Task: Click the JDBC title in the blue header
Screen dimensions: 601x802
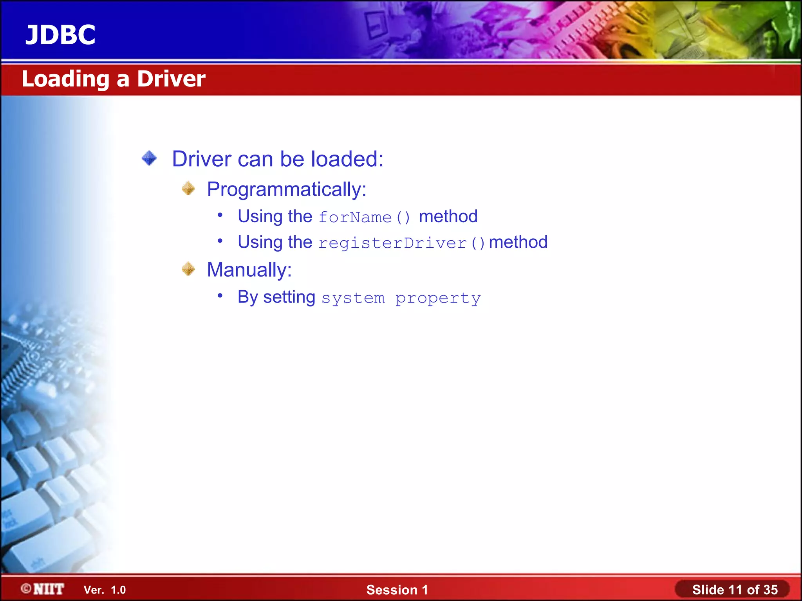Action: (60, 35)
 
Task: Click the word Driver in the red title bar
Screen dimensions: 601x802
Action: (171, 79)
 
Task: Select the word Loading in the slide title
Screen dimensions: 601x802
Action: (65, 79)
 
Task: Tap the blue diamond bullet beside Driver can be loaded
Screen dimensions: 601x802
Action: (149, 158)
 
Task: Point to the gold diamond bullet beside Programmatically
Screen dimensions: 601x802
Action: (188, 189)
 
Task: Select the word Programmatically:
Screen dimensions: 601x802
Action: (287, 190)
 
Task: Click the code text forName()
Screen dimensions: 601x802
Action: (364, 217)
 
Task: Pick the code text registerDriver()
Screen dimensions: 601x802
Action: (402, 243)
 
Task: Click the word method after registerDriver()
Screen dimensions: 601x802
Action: (518, 242)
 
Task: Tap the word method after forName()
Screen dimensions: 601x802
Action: (448, 216)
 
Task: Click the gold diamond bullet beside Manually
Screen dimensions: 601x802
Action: (188, 269)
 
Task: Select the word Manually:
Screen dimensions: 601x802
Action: (249, 270)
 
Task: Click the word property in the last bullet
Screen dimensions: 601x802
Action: (438, 299)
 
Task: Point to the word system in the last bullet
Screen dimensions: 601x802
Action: (353, 298)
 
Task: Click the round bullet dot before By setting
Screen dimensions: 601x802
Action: (220, 295)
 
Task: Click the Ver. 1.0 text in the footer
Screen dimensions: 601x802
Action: (105, 590)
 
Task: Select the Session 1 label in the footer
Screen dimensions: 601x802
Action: (397, 590)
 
